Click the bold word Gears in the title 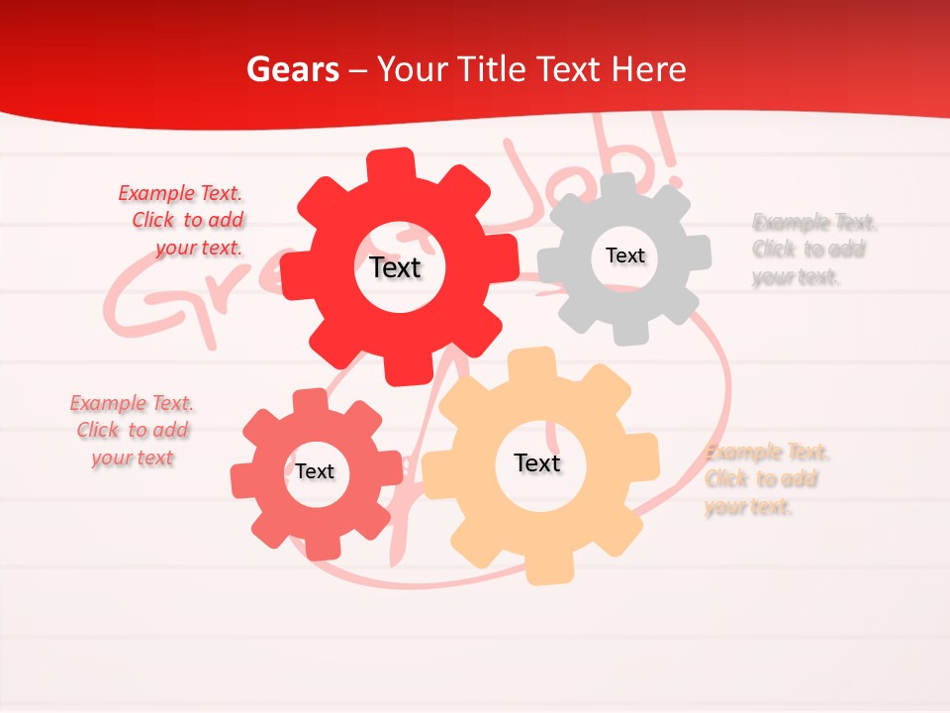pyautogui.click(x=292, y=69)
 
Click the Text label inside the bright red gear pyautogui.click(x=396, y=267)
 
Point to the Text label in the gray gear pyautogui.click(x=624, y=255)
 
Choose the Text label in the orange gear pyautogui.click(x=537, y=462)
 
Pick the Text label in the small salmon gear pyautogui.click(x=315, y=471)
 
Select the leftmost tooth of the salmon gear pyautogui.click(x=241, y=479)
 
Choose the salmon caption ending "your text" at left pyautogui.click(x=133, y=431)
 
